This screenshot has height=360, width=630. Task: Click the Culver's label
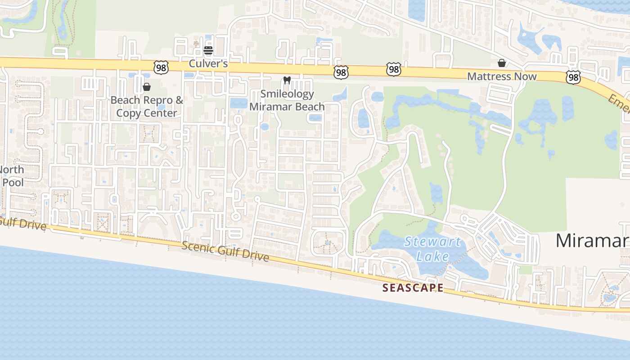(x=208, y=63)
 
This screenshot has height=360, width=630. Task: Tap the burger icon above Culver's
(x=208, y=50)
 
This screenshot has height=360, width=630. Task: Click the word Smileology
(x=287, y=94)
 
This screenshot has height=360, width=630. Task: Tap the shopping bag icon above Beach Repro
(x=147, y=86)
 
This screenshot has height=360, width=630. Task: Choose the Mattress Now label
(x=502, y=76)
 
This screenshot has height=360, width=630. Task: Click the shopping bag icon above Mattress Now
(x=502, y=63)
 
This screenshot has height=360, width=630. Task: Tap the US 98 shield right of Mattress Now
(x=573, y=78)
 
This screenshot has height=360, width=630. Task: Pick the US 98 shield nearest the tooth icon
(x=341, y=72)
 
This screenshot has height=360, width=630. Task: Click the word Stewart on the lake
(x=432, y=242)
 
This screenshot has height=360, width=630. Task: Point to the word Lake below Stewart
(x=432, y=256)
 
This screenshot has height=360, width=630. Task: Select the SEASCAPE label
(x=413, y=288)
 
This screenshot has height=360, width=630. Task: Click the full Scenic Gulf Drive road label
(x=225, y=251)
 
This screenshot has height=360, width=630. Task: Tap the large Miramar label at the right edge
(x=592, y=240)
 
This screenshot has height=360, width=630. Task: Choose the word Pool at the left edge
(x=13, y=183)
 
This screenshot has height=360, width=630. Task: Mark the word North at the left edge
(x=11, y=170)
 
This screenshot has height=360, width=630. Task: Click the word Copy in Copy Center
(x=129, y=112)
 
